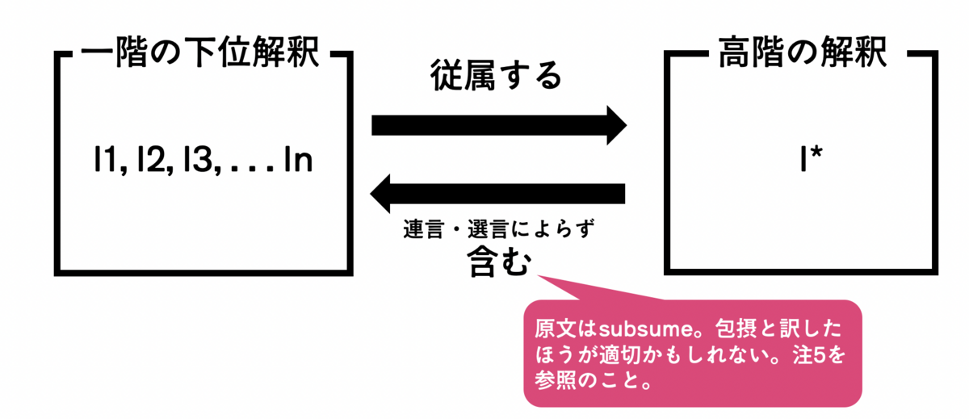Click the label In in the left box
click(296, 162)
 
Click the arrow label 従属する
click(495, 78)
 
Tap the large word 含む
click(498, 262)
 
